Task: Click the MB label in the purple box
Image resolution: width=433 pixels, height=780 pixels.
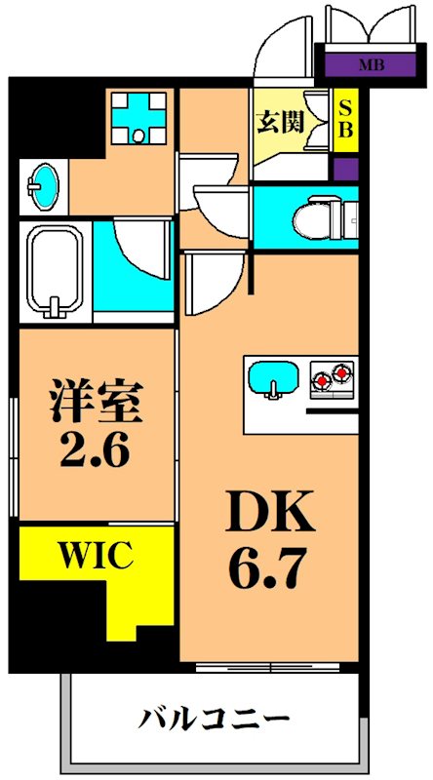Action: [x=370, y=66]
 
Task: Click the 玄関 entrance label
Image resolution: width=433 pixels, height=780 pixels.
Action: [x=279, y=122]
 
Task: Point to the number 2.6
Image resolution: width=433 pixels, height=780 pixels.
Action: [x=97, y=451]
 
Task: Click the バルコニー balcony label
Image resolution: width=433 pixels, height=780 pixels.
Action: [x=215, y=722]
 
